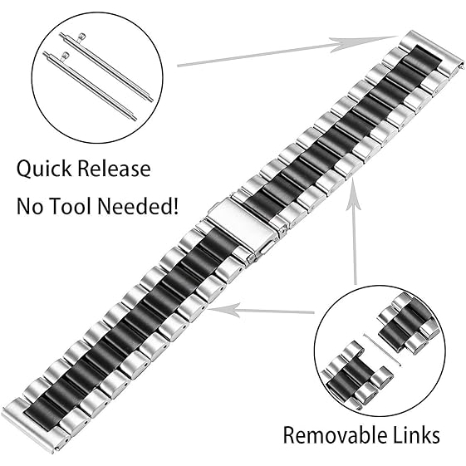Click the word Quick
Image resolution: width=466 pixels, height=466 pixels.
tap(44, 169)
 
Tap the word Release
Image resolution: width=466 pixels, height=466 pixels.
tap(114, 169)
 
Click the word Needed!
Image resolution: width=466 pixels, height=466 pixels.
tap(138, 206)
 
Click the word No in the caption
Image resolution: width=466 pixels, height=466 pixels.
tap(29, 206)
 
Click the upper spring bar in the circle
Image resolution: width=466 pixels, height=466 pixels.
tap(106, 67)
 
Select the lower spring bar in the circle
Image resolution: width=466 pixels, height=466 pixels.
tap(90, 86)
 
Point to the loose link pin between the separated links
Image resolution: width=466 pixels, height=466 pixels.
tap(383, 350)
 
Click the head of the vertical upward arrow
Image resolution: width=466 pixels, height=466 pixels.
tap(353, 194)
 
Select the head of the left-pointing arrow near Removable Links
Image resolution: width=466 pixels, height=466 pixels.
tap(223, 310)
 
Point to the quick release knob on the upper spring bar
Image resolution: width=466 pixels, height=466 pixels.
tap(81, 37)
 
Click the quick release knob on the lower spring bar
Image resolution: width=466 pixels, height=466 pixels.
tap(65, 56)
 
